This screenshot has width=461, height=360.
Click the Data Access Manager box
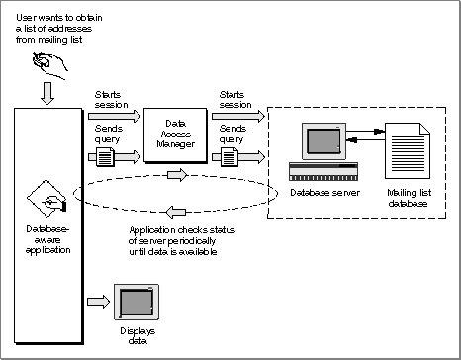click(x=175, y=135)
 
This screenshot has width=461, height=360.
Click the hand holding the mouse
click(x=49, y=65)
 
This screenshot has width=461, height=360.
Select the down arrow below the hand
click(x=47, y=93)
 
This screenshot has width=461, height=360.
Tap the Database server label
click(x=324, y=193)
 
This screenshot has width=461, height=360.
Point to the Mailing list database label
click(x=409, y=198)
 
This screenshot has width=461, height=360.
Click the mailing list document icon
click(x=408, y=150)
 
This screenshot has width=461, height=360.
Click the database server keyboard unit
click(x=323, y=172)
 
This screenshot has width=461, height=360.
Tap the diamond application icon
click(x=46, y=198)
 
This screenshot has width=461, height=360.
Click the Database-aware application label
click(x=47, y=239)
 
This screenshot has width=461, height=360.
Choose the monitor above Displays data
click(x=137, y=302)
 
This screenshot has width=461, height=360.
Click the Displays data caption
click(x=138, y=335)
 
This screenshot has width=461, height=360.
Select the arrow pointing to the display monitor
click(x=98, y=302)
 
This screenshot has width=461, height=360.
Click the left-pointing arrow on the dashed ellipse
click(x=175, y=212)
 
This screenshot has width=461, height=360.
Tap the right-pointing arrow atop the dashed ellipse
click(x=177, y=175)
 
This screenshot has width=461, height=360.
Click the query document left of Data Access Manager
click(x=105, y=157)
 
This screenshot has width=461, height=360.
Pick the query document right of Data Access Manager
click(x=230, y=157)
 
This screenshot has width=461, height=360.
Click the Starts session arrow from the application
click(x=114, y=116)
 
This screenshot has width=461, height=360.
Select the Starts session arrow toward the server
click(x=238, y=116)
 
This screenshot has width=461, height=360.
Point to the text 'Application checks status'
click(x=182, y=230)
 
